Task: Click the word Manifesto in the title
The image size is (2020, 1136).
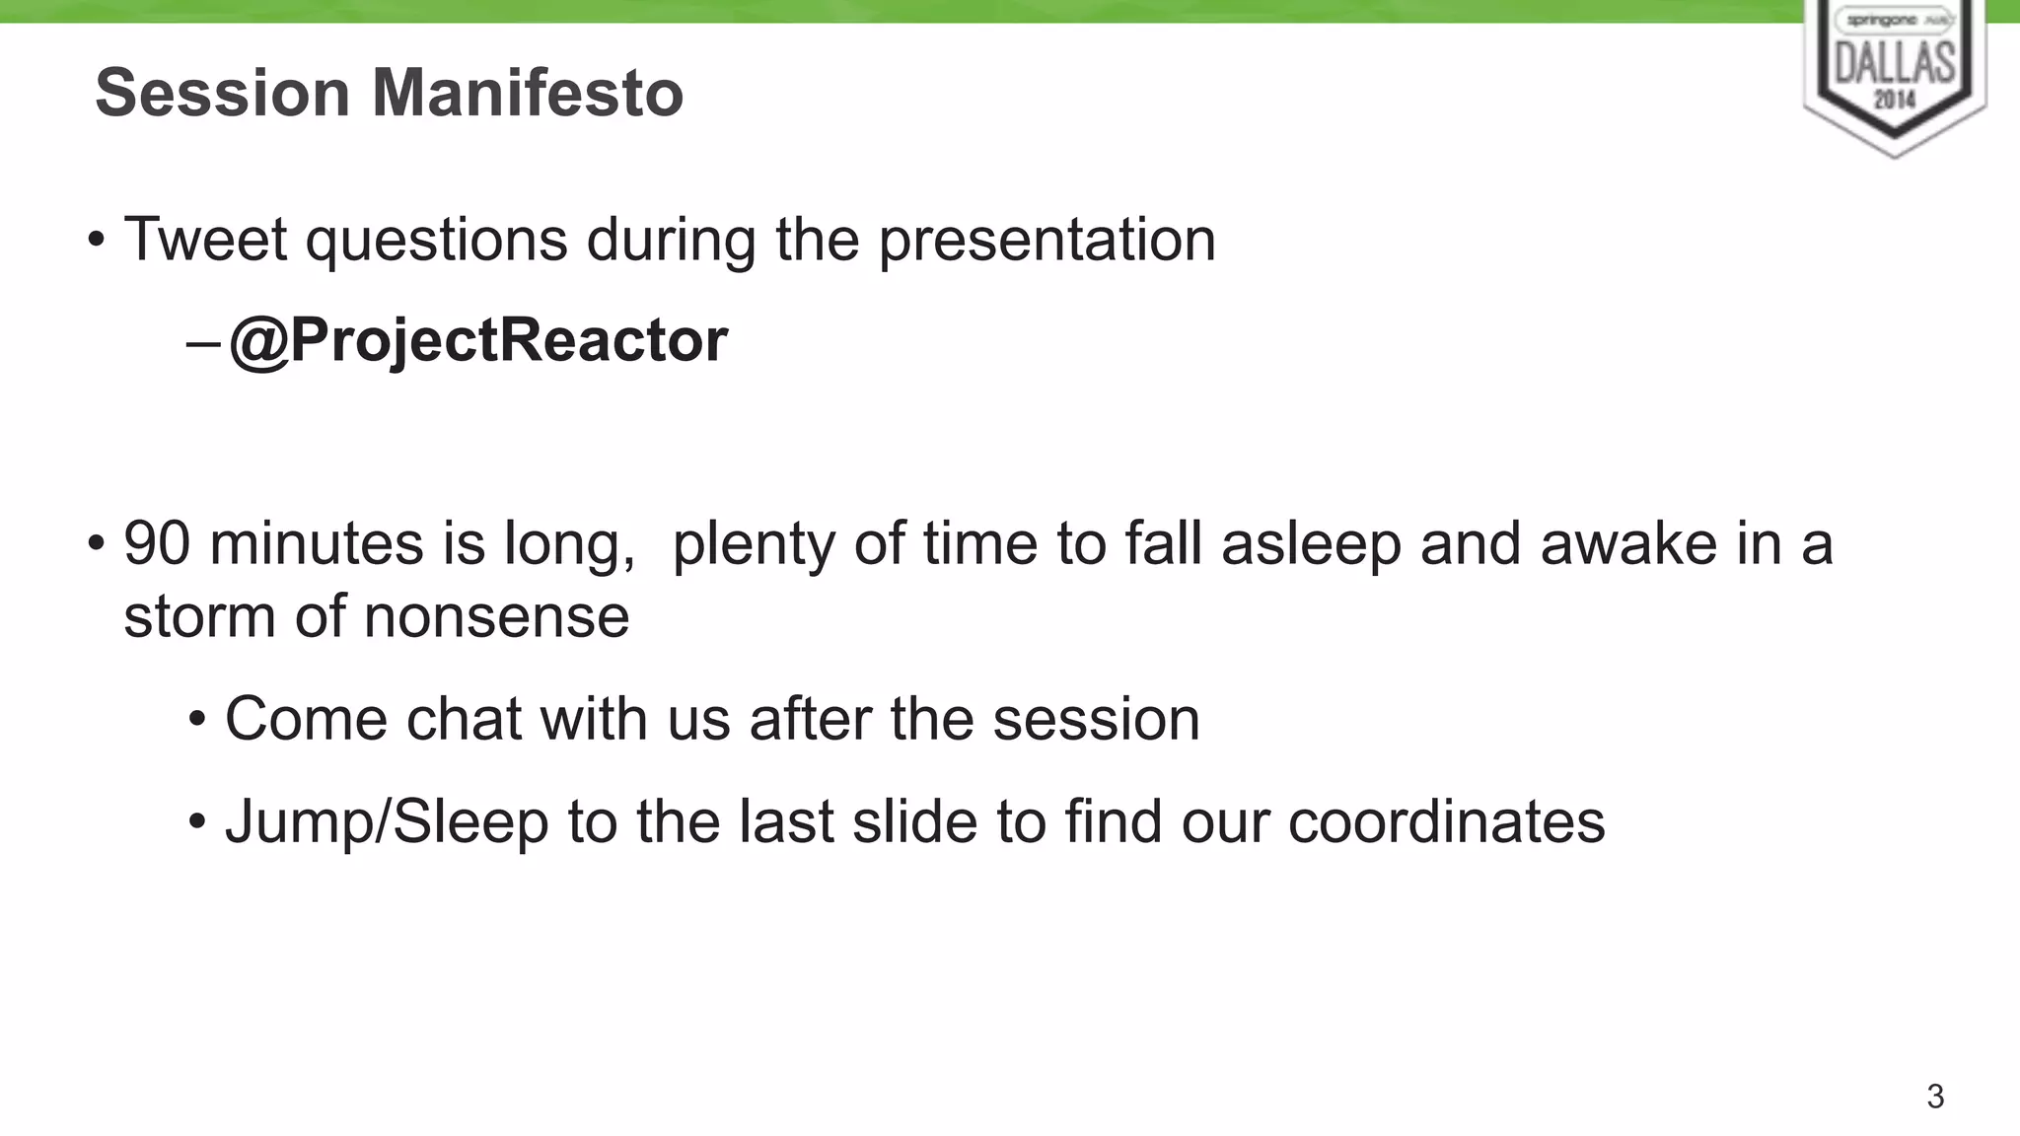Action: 527,93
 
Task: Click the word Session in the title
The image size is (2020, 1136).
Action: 222,93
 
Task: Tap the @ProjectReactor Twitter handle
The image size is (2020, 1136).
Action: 478,340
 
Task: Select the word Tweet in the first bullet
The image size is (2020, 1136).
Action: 205,240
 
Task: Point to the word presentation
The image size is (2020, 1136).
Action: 1046,242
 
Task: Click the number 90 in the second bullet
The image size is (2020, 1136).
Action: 157,543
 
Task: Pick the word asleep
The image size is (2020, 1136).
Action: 1311,545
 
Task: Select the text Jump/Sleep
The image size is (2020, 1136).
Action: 387,822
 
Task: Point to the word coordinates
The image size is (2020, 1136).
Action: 1446,822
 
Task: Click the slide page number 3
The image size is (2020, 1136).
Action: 1935,1097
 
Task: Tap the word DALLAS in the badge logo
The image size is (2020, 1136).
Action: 1895,64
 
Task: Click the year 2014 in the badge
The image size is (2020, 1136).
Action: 1895,99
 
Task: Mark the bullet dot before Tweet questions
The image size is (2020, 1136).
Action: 96,241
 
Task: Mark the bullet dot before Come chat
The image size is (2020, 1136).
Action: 197,720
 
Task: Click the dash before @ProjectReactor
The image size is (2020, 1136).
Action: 202,343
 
